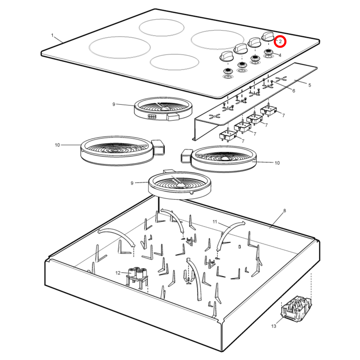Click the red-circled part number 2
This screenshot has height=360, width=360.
280,42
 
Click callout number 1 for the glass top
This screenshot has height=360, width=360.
52,35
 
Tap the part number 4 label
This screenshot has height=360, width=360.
280,55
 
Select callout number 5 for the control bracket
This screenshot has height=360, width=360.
310,85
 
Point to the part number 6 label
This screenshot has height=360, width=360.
294,91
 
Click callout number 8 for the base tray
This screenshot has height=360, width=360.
284,211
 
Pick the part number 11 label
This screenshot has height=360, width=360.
215,222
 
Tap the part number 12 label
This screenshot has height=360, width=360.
118,273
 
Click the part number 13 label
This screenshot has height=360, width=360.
274,326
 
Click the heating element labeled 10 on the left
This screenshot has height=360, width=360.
122,151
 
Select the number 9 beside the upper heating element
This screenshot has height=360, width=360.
114,104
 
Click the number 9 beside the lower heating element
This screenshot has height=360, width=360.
132,183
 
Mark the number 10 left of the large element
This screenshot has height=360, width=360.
57,145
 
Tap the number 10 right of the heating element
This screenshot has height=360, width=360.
277,163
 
